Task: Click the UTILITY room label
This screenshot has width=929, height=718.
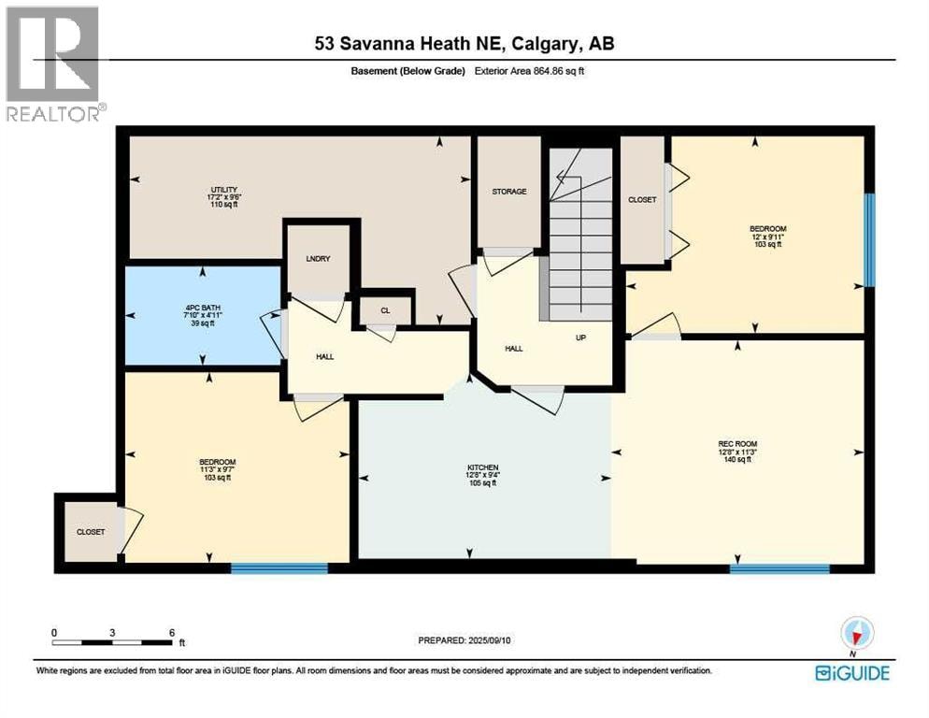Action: (224, 190)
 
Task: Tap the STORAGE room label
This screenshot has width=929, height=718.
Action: (509, 192)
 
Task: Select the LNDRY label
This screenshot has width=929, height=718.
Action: (318, 259)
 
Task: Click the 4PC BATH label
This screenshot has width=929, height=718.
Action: (203, 308)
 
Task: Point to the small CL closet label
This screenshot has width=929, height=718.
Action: (385, 310)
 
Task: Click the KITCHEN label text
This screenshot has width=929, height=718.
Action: (483, 467)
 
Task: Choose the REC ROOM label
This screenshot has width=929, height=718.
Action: (737, 444)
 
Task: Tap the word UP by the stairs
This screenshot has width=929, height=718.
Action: (580, 337)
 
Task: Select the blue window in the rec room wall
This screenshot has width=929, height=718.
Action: (779, 569)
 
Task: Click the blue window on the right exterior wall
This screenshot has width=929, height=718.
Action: (869, 240)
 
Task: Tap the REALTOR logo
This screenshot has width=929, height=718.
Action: (54, 64)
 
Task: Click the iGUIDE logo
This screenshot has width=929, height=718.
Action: (852, 673)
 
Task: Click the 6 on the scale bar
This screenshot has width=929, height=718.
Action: (172, 633)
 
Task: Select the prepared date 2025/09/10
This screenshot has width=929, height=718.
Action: (489, 640)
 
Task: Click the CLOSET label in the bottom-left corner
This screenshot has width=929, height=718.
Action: (91, 532)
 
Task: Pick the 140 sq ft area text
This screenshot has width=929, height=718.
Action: (737, 459)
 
